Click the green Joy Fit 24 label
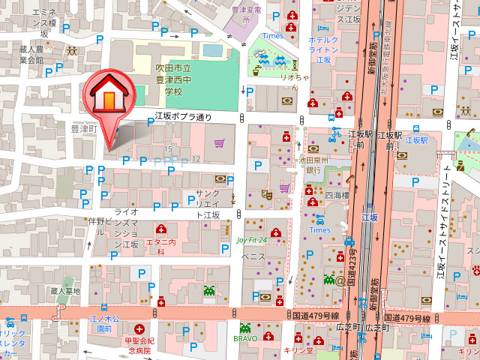(x=251, y=240)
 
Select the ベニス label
(x=253, y=256)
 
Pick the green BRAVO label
(x=245, y=338)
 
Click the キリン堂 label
(x=298, y=350)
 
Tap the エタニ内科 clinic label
(x=160, y=247)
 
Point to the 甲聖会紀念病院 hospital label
(x=138, y=345)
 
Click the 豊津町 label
(x=84, y=129)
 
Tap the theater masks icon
(x=266, y=194)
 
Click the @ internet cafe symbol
(x=340, y=280)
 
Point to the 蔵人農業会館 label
(x=32, y=55)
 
